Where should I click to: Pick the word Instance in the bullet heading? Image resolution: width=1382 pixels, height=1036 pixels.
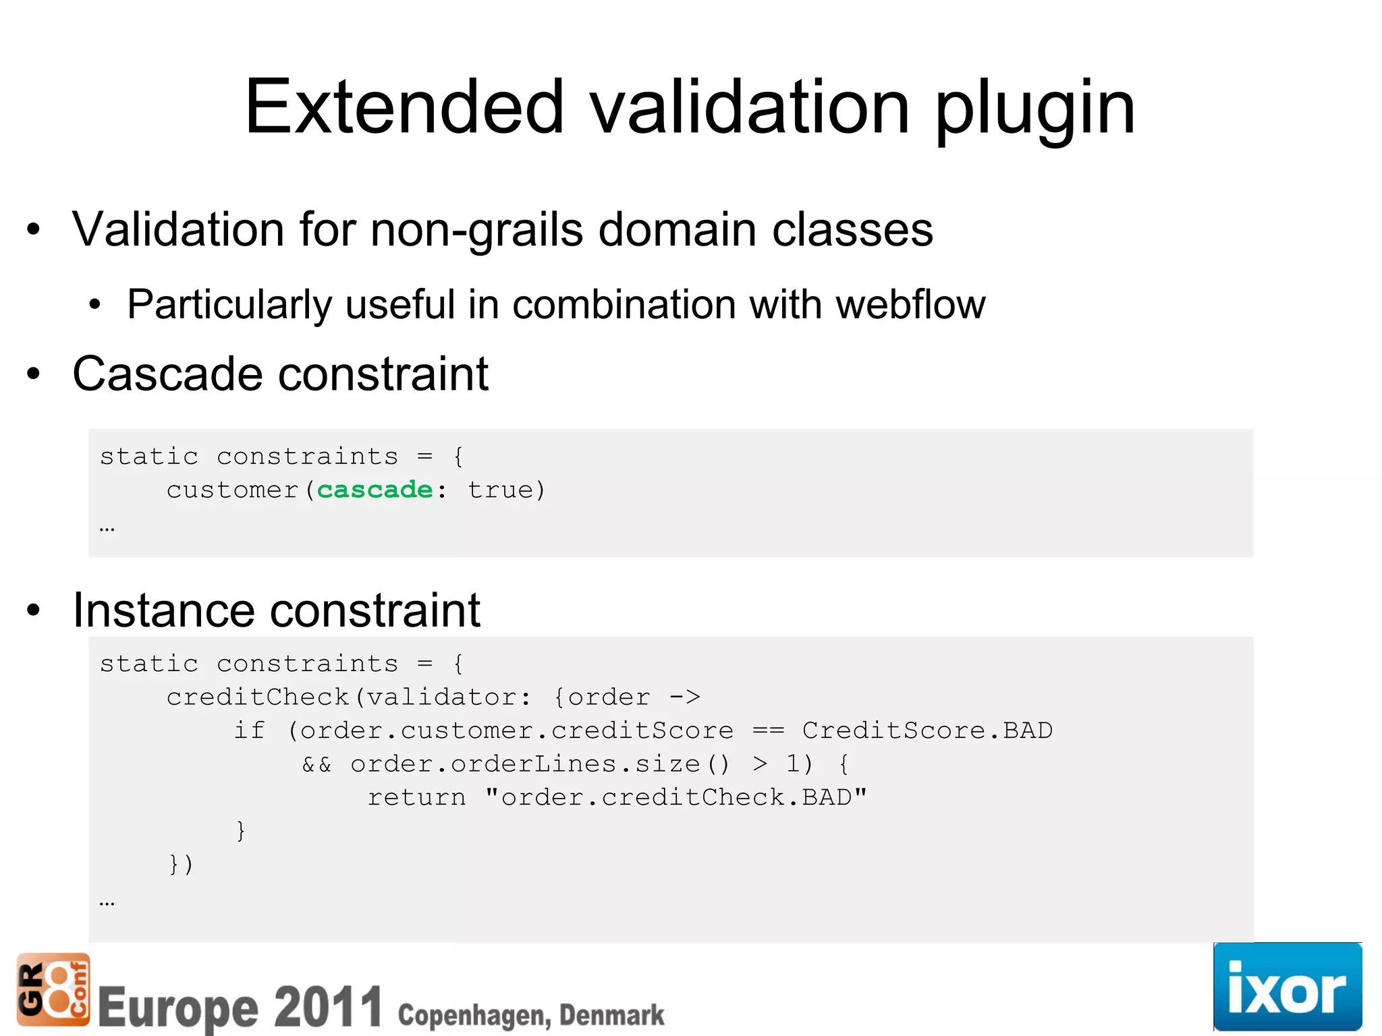tap(159, 610)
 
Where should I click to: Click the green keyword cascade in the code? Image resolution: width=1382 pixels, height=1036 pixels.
tap(375, 490)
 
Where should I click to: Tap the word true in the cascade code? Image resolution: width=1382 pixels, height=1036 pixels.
tap(500, 490)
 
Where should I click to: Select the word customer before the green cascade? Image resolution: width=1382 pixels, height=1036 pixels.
tap(232, 490)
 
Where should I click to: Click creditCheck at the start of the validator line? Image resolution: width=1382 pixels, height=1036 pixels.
tap(257, 697)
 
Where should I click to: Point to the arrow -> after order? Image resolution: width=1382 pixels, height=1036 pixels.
tap(685, 697)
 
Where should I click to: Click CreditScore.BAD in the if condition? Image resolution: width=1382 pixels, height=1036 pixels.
tap(927, 730)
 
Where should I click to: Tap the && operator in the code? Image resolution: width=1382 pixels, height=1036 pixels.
tap(316, 764)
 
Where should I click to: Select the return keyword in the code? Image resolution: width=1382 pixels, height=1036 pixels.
tap(416, 798)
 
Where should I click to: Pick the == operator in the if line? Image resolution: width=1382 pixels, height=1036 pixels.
tap(768, 730)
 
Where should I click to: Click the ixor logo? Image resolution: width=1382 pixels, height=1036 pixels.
tap(1287, 987)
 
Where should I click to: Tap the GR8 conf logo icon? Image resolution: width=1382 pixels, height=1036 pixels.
tap(53, 989)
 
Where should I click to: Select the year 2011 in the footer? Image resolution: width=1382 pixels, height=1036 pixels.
tap(329, 1006)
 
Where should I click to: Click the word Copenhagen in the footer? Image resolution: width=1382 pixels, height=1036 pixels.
tap(472, 1015)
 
